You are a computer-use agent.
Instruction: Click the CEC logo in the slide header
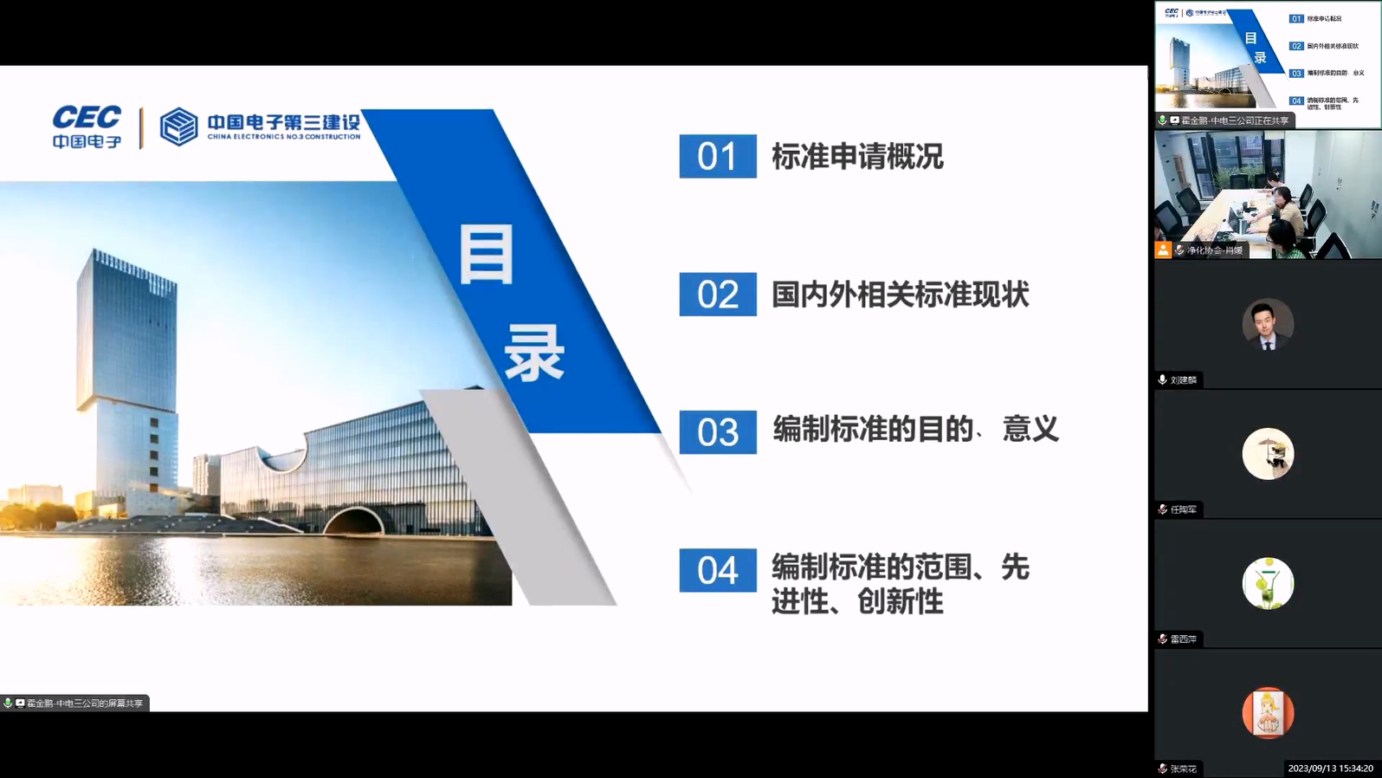click(x=87, y=126)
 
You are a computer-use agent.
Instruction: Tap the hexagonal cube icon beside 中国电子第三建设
click(x=178, y=126)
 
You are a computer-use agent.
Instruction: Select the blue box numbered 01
click(x=717, y=156)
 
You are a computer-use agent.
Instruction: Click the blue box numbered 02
click(x=717, y=295)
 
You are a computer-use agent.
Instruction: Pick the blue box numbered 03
click(x=717, y=432)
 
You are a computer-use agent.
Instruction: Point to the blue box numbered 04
click(x=717, y=570)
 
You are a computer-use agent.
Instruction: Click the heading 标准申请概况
click(x=856, y=157)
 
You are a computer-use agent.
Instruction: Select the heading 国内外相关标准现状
click(x=900, y=295)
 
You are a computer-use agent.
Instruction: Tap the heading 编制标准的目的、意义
click(x=915, y=429)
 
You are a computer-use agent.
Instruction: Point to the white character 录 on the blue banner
click(x=534, y=353)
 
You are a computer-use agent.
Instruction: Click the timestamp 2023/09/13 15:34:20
click(x=1330, y=768)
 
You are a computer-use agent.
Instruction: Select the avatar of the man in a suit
click(x=1268, y=324)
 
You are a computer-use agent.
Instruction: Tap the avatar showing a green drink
click(x=1268, y=583)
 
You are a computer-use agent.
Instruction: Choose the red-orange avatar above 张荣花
click(x=1268, y=712)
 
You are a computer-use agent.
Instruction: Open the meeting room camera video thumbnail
click(x=1268, y=194)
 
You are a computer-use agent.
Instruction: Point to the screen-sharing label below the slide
click(x=76, y=703)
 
